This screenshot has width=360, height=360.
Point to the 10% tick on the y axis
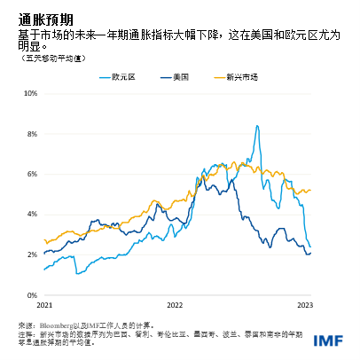(x=29, y=93)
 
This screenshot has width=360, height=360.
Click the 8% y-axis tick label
(x=31, y=133)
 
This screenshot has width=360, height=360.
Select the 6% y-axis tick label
(x=31, y=174)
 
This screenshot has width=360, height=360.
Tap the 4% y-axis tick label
(x=31, y=215)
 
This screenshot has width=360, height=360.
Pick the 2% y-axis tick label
(x=31, y=254)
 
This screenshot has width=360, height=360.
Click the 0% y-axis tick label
(x=31, y=295)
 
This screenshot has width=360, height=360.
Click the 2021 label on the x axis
(x=43, y=305)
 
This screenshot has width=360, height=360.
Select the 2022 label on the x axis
(x=174, y=305)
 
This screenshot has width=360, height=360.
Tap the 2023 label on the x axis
(x=304, y=305)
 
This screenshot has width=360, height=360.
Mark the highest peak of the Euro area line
(x=256, y=126)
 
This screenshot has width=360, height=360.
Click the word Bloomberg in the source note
(x=58, y=325)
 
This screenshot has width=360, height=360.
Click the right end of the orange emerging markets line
(x=311, y=190)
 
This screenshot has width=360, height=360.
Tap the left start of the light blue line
(x=44, y=270)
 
